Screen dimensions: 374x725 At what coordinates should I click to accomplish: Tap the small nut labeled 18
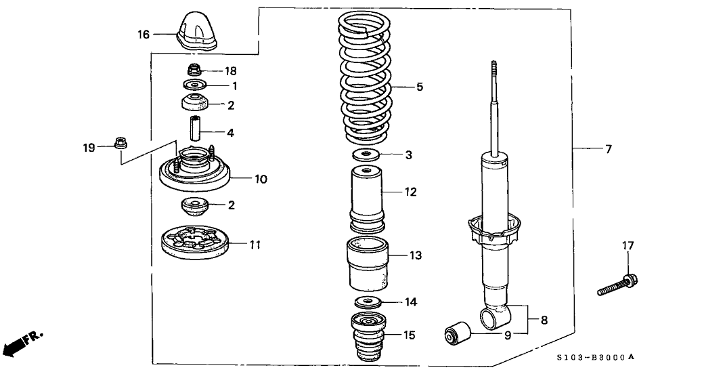coord(194,70)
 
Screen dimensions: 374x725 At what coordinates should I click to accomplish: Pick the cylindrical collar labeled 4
coord(194,128)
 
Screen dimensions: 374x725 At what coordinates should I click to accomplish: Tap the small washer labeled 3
coord(366,155)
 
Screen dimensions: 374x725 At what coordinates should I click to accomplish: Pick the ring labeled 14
coord(367,301)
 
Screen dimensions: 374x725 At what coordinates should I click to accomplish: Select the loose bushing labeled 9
coord(458,334)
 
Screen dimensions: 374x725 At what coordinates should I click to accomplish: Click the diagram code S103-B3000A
coord(596,357)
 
